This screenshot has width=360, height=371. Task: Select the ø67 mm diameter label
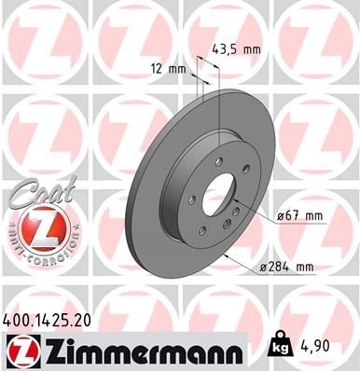coord(298,216)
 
